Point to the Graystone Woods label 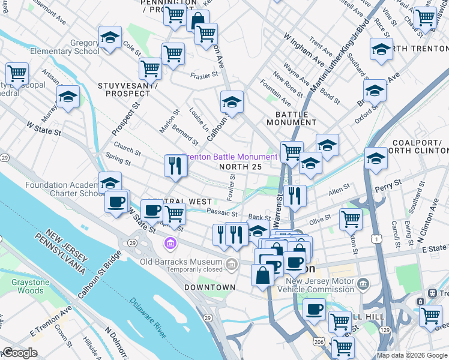(x=22, y=286)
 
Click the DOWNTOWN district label (x=209, y=287)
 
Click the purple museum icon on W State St (x=170, y=244)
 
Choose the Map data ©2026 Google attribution (x=411, y=355)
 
